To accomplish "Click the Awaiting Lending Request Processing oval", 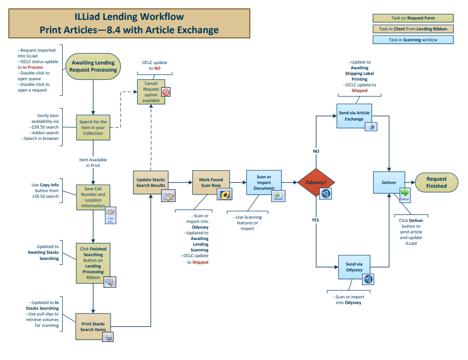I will (93, 66).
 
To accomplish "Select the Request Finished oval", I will (436, 183).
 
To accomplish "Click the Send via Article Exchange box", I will (354, 116).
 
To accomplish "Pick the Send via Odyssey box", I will (354, 267).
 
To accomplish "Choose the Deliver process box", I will (389, 183).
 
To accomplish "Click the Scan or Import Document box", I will (263, 182).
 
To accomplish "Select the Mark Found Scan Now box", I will (210, 182).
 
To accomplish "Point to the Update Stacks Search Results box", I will (150, 182).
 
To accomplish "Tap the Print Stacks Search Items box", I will (93, 326).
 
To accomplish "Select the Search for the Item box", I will (93, 127).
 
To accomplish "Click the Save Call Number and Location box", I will (93, 197).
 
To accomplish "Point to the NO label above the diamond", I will (316, 151).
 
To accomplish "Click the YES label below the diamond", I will (315, 220).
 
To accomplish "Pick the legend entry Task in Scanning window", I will (413, 40).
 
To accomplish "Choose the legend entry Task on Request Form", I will (413, 18).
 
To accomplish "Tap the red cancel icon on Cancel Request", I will (166, 92).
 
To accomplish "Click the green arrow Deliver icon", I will (405, 194).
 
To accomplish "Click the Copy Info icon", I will (110, 214).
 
